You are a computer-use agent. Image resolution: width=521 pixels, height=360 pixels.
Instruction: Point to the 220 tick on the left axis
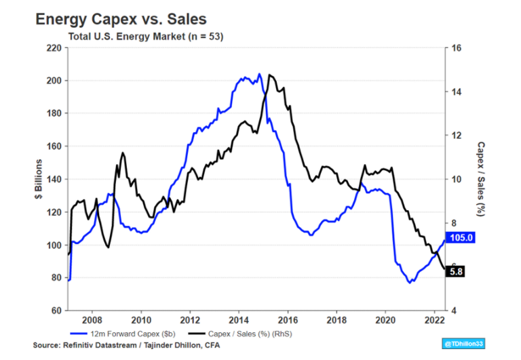point(53,48)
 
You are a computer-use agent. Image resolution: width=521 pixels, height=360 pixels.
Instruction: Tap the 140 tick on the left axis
point(53,180)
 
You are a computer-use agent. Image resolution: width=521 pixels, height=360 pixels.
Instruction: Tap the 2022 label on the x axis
point(435,320)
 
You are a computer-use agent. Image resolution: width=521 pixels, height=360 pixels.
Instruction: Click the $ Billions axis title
point(40,179)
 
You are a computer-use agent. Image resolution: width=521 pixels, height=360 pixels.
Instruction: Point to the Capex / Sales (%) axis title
point(480,179)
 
